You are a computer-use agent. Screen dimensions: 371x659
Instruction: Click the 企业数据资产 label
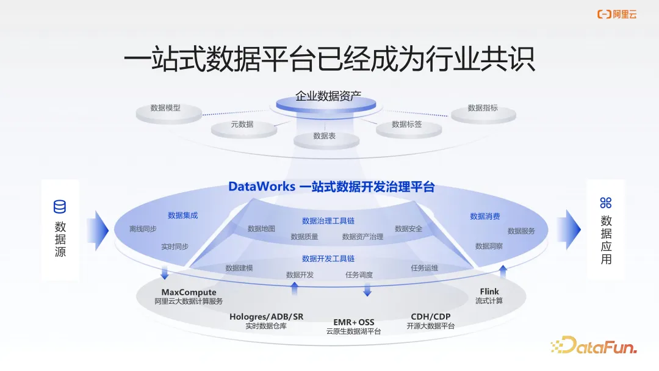tap(328, 96)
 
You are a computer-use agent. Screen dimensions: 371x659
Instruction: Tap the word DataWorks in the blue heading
tap(261, 187)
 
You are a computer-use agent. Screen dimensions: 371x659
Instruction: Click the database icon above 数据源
tap(60, 206)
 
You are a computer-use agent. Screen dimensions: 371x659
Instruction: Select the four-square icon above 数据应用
tap(605, 203)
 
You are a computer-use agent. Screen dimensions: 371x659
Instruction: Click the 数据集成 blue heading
tap(183, 215)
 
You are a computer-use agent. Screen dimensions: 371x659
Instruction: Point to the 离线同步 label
tap(143, 229)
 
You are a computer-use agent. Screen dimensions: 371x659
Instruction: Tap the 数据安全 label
tap(408, 229)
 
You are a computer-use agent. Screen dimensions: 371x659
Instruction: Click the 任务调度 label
tap(359, 275)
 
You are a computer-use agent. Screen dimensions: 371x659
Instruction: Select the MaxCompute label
tap(189, 292)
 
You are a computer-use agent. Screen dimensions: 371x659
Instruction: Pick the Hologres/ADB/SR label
tap(266, 317)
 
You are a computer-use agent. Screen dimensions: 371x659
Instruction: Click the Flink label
tap(489, 292)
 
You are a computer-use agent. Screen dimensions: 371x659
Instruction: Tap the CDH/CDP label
tap(431, 317)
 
